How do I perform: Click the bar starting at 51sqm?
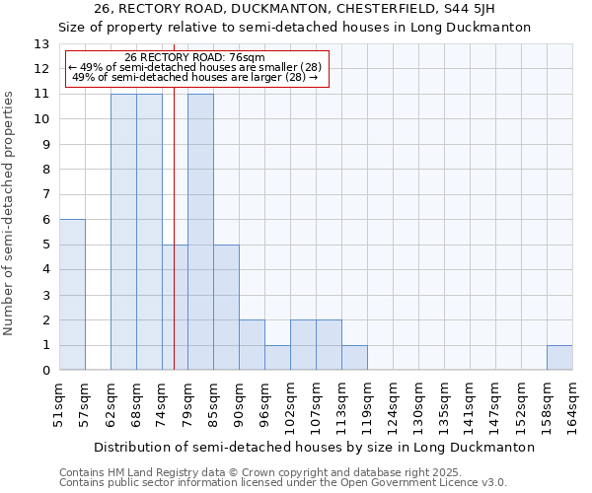click(x=72, y=295)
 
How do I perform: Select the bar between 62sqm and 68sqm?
click(x=123, y=232)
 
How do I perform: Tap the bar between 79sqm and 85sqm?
click(x=200, y=232)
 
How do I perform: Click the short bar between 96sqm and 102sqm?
click(x=277, y=358)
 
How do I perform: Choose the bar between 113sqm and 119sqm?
click(x=354, y=358)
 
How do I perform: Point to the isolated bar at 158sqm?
click(x=559, y=358)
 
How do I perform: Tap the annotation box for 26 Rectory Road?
click(x=195, y=68)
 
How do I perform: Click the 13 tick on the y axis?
click(x=41, y=44)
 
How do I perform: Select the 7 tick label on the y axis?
click(x=45, y=195)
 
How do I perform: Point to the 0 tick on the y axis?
click(x=45, y=371)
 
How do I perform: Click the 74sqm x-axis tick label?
click(x=162, y=402)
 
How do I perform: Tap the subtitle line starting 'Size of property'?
click(x=295, y=28)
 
